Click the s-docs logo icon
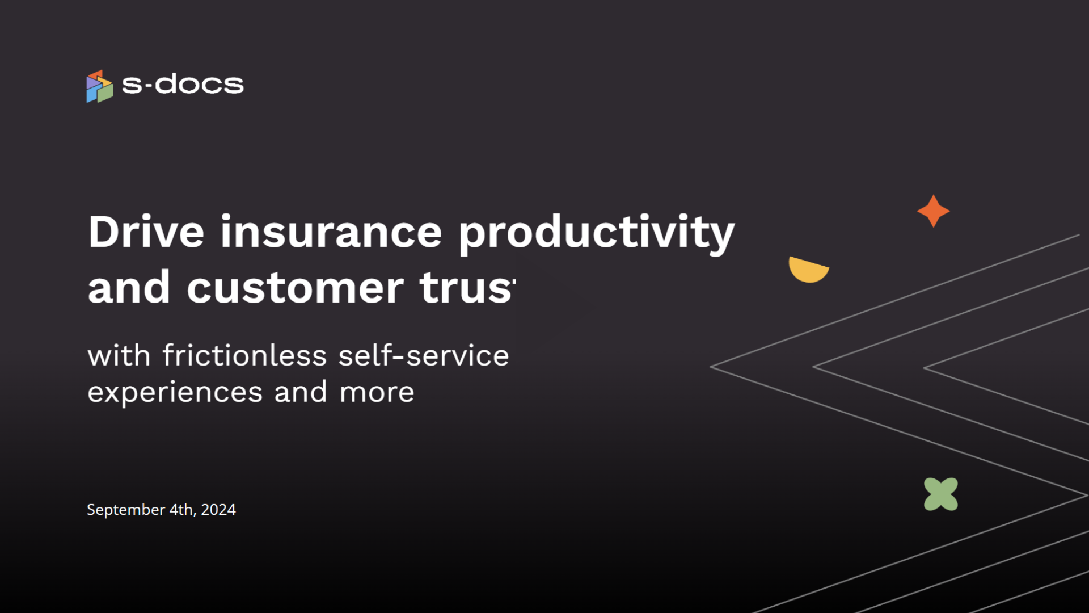click(x=100, y=86)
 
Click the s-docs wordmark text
click(x=183, y=85)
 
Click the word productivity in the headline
click(x=597, y=234)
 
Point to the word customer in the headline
click(x=295, y=288)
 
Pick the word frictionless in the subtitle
click(x=245, y=355)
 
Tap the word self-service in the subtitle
click(x=424, y=355)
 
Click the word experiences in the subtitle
click(x=175, y=393)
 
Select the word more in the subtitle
click(x=377, y=393)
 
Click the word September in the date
click(x=126, y=510)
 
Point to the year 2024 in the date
click(x=218, y=510)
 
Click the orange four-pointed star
click(x=934, y=211)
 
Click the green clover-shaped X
click(x=941, y=494)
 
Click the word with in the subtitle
click(x=119, y=355)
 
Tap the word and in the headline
click(x=129, y=288)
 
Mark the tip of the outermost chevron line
click(x=711, y=367)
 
